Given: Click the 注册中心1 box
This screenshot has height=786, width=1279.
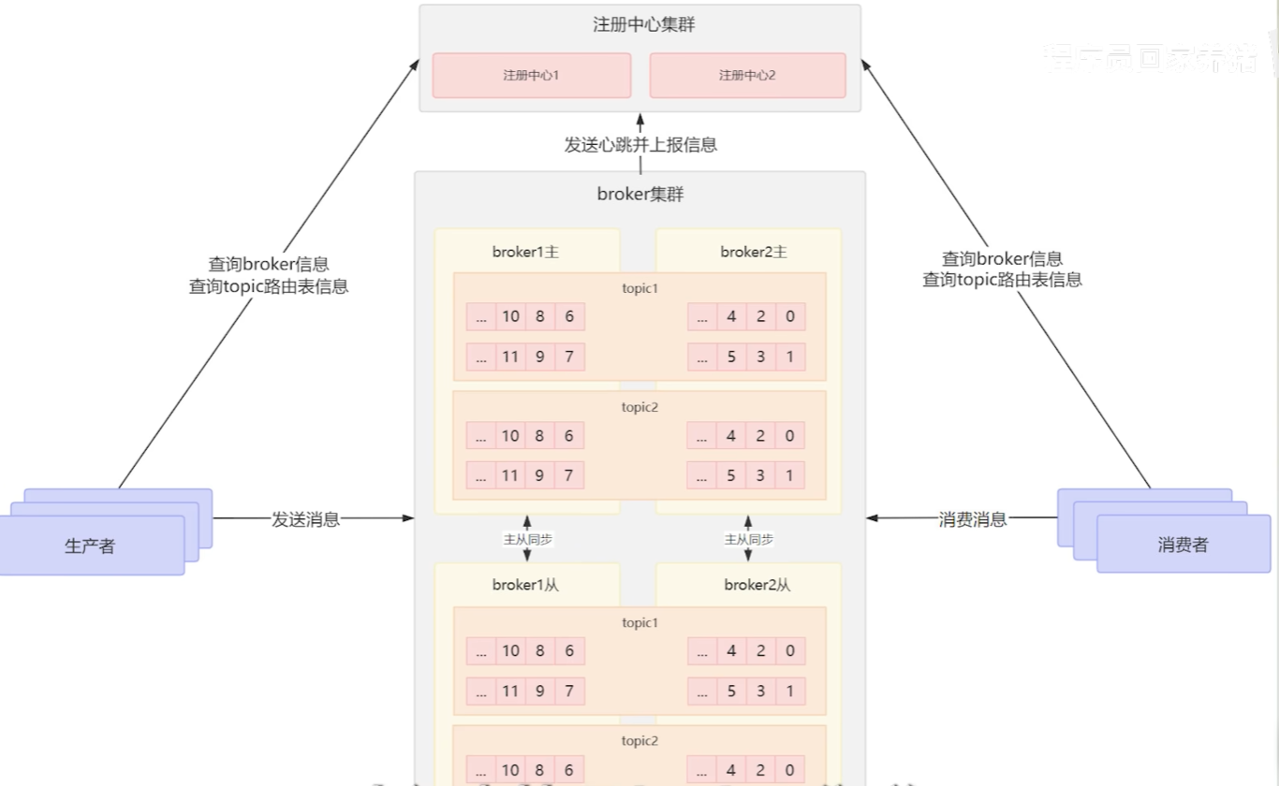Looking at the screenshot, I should coord(531,75).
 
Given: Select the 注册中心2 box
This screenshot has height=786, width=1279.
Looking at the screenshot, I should coord(747,75).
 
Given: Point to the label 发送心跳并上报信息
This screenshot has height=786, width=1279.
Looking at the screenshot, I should coord(640,145).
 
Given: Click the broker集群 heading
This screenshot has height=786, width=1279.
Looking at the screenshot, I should coord(639,195).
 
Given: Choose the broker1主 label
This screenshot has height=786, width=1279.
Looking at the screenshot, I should coord(525,252).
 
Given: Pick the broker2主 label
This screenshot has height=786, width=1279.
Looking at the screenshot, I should coord(754,252).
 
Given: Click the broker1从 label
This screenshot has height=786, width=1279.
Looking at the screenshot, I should coord(525,585).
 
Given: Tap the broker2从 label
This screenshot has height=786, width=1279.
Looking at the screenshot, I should coord(757,585).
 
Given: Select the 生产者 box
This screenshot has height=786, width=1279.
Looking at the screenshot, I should coord(91,546).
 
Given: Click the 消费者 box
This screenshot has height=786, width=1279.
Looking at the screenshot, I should coord(1183,545).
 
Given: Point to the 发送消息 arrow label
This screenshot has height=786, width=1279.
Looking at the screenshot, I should coord(306,519).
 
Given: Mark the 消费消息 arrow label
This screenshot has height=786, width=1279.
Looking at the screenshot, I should coord(973,519).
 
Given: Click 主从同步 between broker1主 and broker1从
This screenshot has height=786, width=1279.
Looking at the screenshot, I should coord(527,540).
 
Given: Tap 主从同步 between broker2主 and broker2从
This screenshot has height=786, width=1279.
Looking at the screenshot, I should coord(748,540).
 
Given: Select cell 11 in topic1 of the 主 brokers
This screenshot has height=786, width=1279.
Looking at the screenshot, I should coord(510,357).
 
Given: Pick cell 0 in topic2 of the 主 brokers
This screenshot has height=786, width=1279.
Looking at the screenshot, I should coord(790,435).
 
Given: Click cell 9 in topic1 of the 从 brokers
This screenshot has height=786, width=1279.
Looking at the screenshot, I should coord(539,691).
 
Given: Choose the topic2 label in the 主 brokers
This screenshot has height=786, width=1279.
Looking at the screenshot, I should coord(640,407).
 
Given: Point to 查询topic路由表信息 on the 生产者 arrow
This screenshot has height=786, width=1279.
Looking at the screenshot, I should coord(269,286).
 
